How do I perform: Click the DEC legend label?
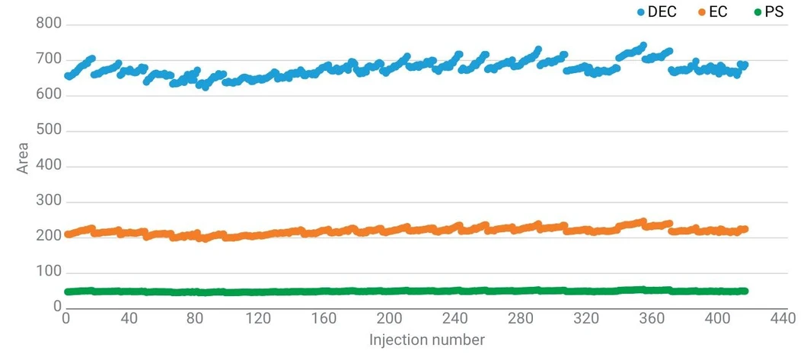tap(662, 13)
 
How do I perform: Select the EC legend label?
tap(718, 13)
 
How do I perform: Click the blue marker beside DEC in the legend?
tap(641, 13)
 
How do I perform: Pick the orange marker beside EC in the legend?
tap(702, 13)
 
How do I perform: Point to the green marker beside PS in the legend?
tap(758, 13)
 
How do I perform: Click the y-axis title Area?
tap(24, 158)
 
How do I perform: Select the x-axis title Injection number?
tap(427, 339)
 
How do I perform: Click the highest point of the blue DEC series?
tap(643, 46)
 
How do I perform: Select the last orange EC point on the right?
tap(745, 229)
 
